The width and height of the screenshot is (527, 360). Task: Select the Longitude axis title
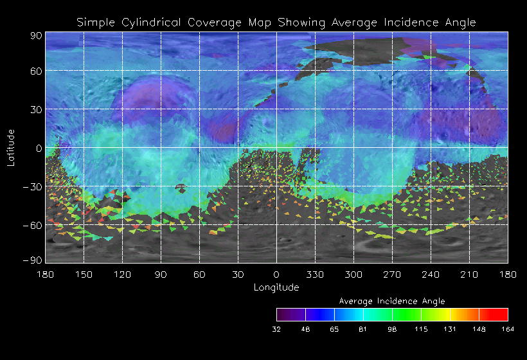click(x=276, y=287)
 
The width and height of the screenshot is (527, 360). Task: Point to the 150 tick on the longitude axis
click(x=84, y=274)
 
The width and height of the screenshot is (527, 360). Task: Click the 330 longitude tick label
click(x=315, y=274)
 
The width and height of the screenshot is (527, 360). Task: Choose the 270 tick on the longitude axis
click(x=392, y=274)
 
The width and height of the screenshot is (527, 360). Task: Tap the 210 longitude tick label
click(x=469, y=274)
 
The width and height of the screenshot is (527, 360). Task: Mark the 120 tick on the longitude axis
click(x=122, y=274)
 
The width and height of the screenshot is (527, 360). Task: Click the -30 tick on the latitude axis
click(x=33, y=186)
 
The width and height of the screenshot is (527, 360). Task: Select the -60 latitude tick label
click(x=33, y=225)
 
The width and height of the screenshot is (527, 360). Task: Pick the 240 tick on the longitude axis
click(x=431, y=274)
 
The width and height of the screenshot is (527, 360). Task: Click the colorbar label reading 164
click(x=508, y=328)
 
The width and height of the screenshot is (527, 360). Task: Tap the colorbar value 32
click(x=276, y=328)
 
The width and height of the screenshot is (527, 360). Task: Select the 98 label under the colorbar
click(x=392, y=328)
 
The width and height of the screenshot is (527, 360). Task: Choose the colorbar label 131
click(x=450, y=328)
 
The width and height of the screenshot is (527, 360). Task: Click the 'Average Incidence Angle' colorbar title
click(x=392, y=301)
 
